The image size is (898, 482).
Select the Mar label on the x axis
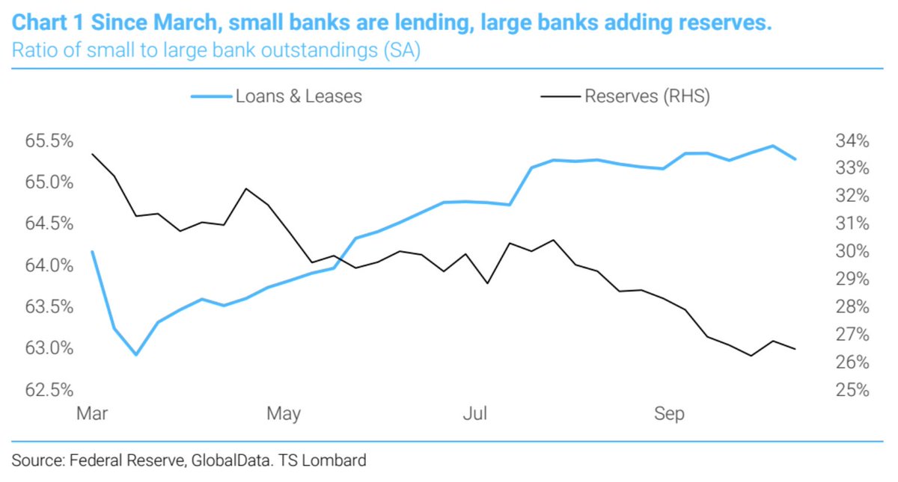click(x=92, y=414)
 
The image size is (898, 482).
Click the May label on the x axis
click(x=284, y=414)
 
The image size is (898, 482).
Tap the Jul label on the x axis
click(x=475, y=414)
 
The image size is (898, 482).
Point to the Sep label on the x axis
click(x=669, y=414)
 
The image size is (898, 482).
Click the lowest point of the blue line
click(x=135, y=354)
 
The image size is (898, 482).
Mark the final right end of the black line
click(x=795, y=349)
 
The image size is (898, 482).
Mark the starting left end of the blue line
click(x=92, y=251)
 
